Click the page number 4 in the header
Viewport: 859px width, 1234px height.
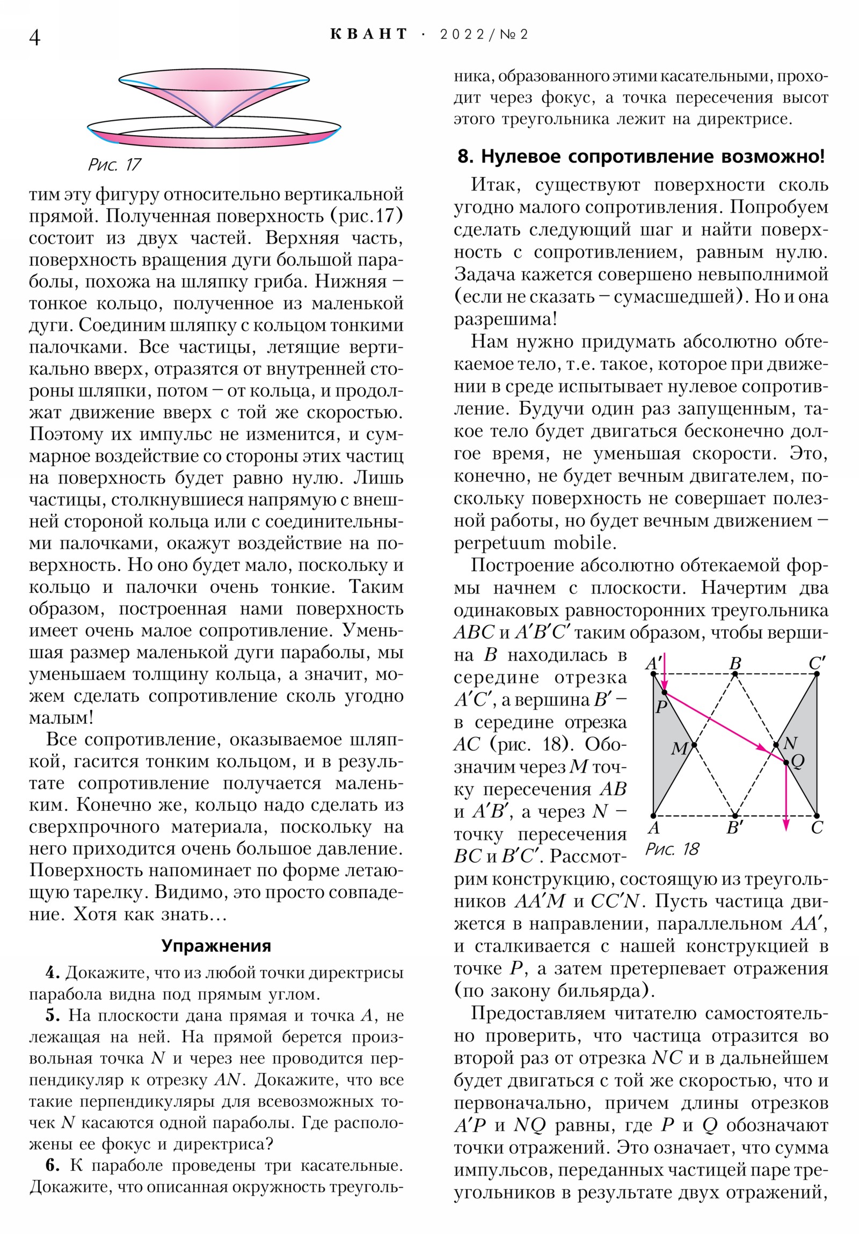pyautogui.click(x=35, y=38)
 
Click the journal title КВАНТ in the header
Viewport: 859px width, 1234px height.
pyautogui.click(x=368, y=34)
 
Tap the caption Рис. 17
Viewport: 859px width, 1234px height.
pyautogui.click(x=114, y=165)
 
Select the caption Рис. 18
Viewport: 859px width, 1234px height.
pyautogui.click(x=672, y=849)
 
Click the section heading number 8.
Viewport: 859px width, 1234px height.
pyautogui.click(x=465, y=157)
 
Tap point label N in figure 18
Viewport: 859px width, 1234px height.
pyautogui.click(x=790, y=743)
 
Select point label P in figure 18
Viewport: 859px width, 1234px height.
pyautogui.click(x=661, y=706)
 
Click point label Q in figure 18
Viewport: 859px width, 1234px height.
pyautogui.click(x=798, y=761)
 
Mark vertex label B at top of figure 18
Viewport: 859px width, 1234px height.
pyautogui.click(x=736, y=664)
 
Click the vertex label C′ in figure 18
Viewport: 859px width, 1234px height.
pyautogui.click(x=817, y=664)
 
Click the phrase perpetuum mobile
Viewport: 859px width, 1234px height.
pyautogui.click(x=535, y=543)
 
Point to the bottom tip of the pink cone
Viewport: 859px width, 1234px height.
pyautogui.click(x=214, y=127)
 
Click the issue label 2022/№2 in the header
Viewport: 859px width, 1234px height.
pyautogui.click(x=484, y=34)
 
